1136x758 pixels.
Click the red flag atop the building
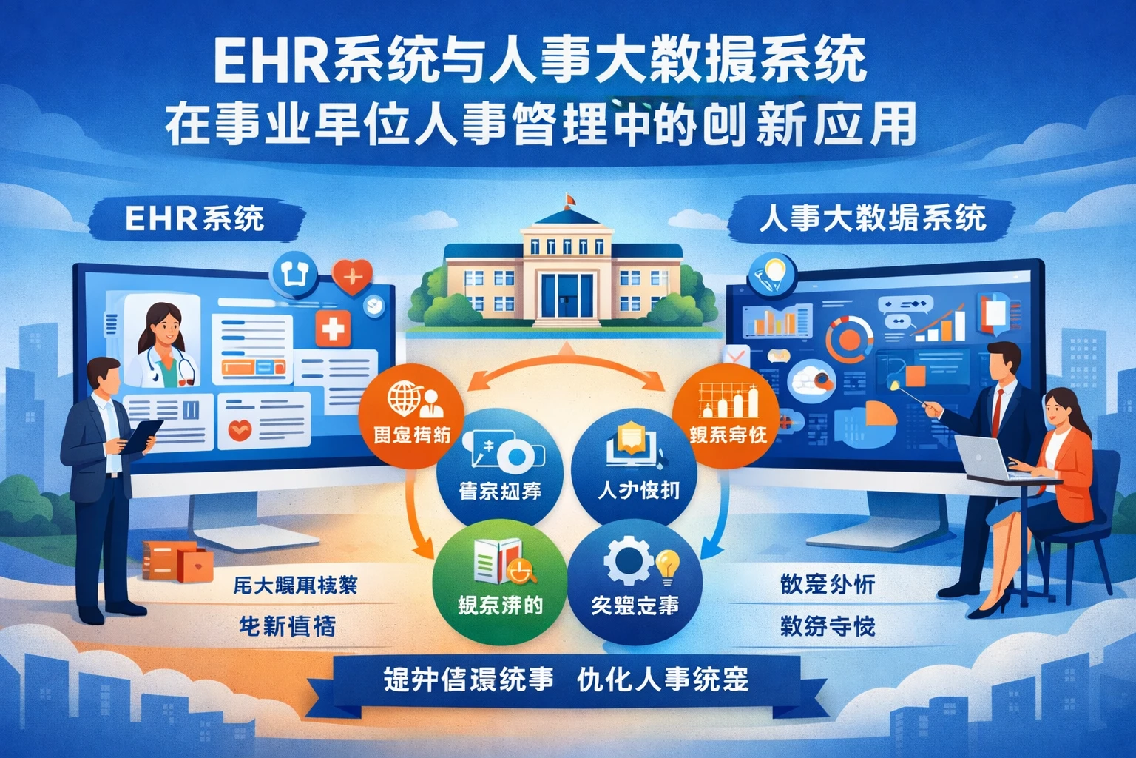[569, 198]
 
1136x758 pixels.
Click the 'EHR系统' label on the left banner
[195, 218]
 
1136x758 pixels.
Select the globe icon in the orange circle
[405, 398]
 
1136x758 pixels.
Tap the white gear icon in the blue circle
[628, 561]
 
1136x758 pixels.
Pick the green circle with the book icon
[499, 584]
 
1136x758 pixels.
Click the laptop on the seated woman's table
[981, 456]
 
